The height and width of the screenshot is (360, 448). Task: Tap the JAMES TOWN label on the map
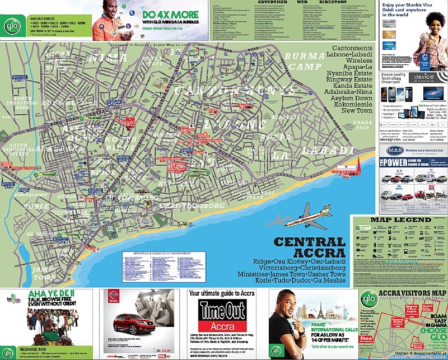point(43,273)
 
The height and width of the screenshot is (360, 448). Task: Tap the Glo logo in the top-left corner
point(10,25)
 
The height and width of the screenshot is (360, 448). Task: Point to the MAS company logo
point(387,151)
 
